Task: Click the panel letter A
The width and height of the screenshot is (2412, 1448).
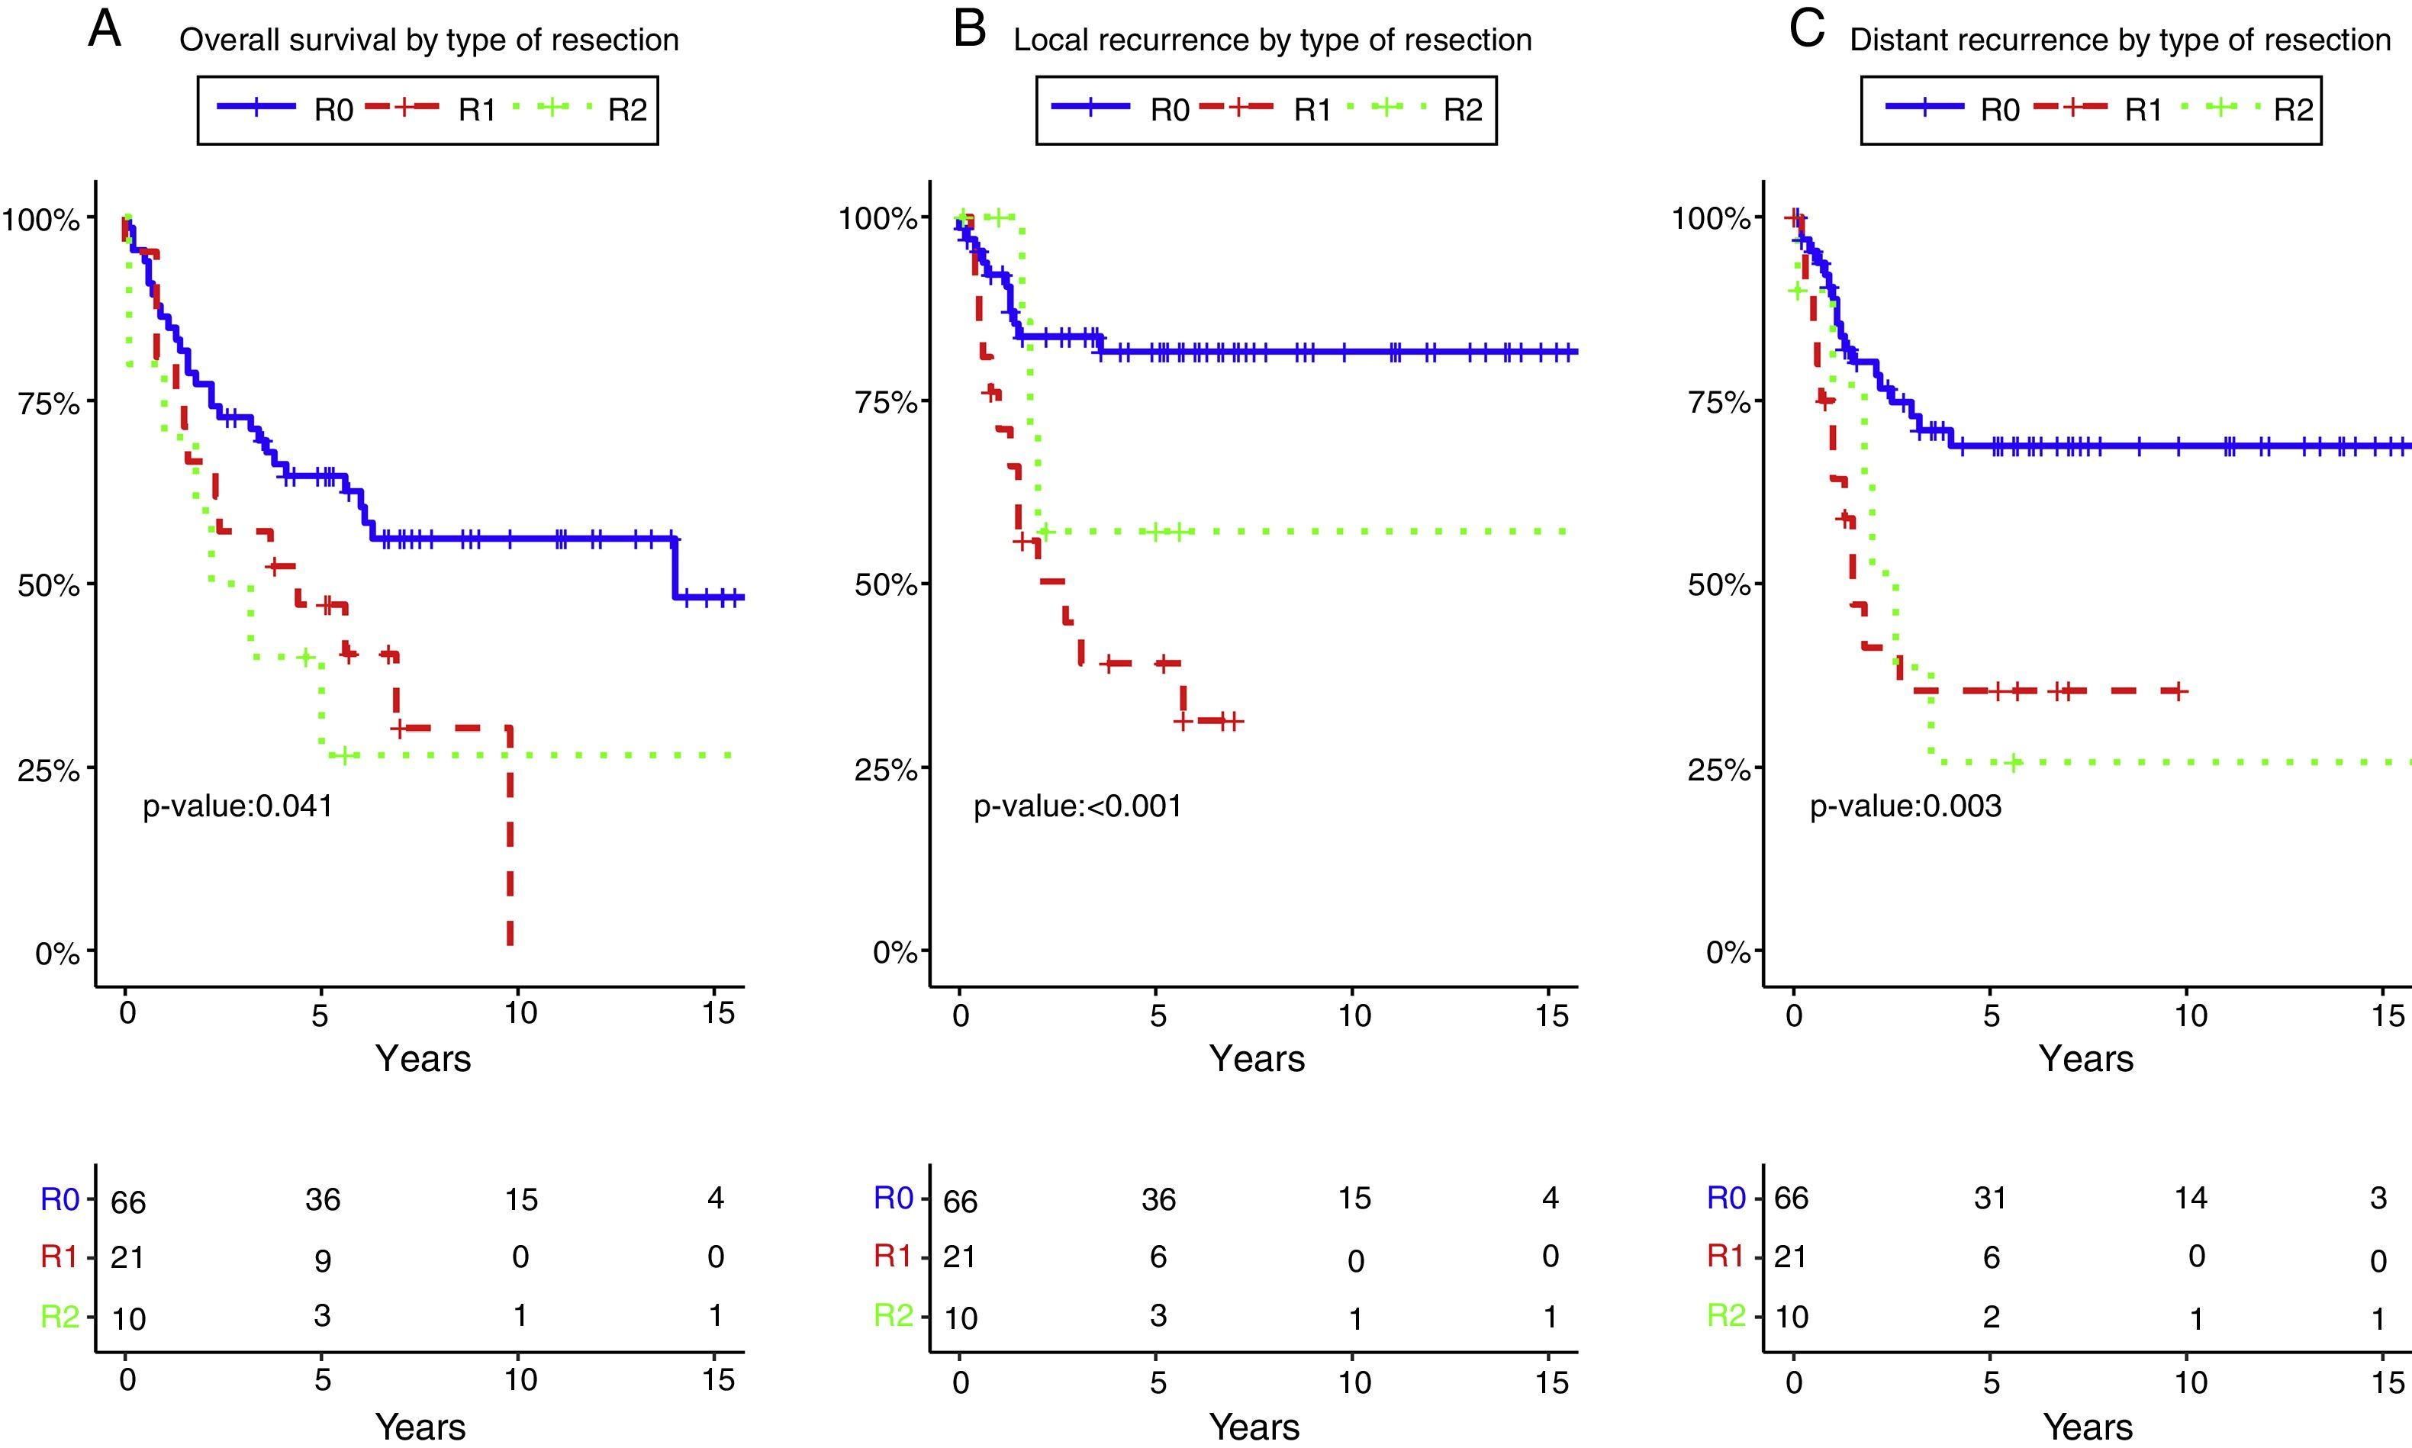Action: coord(105,29)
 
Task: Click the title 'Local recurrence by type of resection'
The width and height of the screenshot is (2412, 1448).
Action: coord(1272,40)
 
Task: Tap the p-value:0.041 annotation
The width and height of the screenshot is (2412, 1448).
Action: coord(237,806)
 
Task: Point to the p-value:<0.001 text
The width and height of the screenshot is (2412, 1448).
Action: coord(1077,806)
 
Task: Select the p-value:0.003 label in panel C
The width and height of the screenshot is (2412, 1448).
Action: coord(1905,806)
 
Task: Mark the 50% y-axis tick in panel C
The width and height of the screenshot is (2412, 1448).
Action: coord(1719,585)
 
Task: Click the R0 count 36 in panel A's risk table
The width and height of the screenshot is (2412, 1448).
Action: coord(322,1199)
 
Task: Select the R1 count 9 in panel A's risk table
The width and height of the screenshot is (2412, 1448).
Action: coord(322,1260)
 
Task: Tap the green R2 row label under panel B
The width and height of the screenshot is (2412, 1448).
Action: coord(893,1316)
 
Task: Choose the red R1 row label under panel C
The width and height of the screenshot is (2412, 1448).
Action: coord(1725,1257)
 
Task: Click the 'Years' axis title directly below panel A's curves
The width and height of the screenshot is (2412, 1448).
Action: coord(423,1059)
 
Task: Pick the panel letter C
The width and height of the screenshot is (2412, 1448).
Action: coord(1806,29)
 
